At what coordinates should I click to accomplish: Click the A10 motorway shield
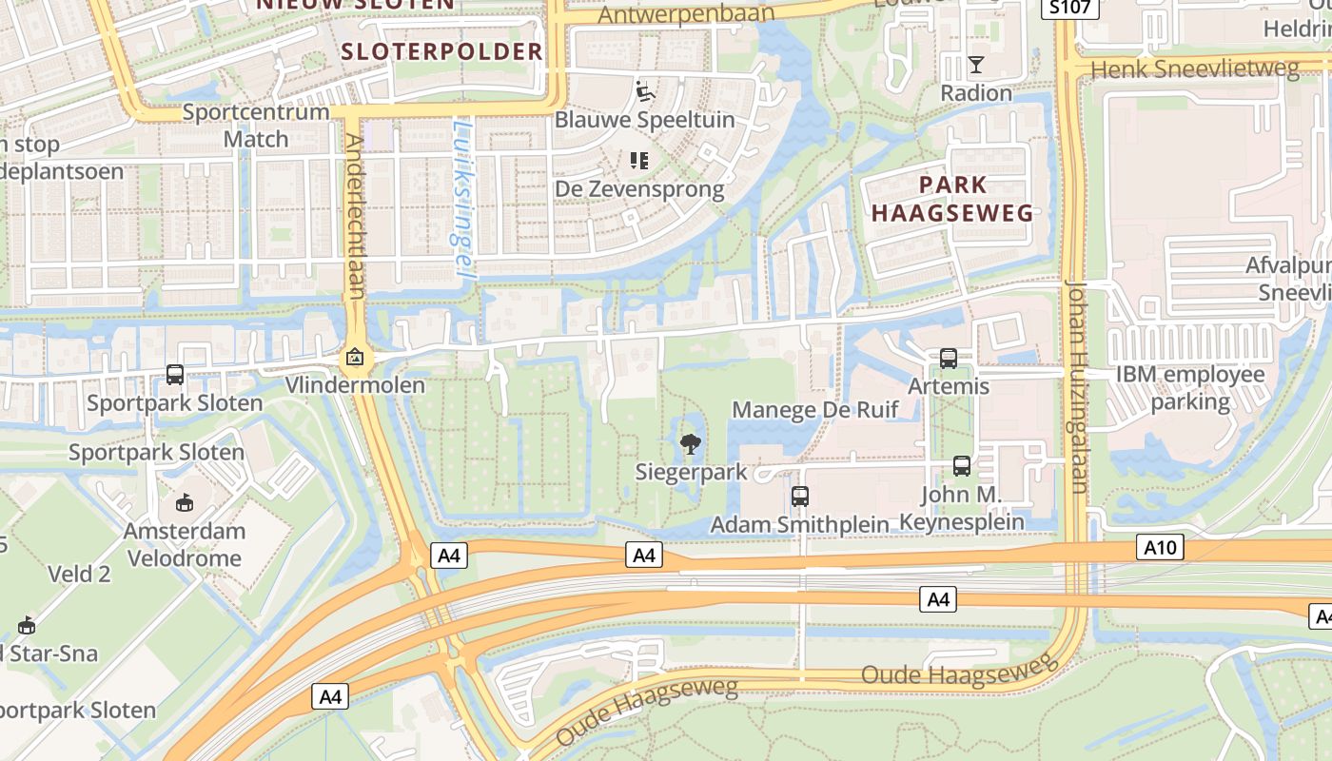click(1160, 547)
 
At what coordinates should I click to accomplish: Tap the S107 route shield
click(1070, 9)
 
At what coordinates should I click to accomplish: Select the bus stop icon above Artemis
click(949, 359)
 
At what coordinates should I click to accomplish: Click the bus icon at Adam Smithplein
click(800, 497)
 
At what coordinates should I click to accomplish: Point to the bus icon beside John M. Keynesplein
click(962, 466)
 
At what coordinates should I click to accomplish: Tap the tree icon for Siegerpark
click(691, 442)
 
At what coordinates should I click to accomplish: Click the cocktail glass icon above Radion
click(976, 65)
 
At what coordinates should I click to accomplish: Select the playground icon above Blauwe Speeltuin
click(645, 91)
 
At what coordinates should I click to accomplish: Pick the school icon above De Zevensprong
click(639, 161)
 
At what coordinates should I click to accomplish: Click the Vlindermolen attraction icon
click(355, 359)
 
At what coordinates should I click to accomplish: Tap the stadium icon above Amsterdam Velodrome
click(185, 502)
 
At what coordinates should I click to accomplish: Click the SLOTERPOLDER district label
click(441, 51)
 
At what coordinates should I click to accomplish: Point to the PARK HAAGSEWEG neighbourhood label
click(952, 198)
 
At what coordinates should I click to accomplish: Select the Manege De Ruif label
click(814, 410)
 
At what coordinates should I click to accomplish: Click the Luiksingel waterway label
click(463, 197)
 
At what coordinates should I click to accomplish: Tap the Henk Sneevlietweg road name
click(1194, 69)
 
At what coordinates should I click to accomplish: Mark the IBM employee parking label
click(1190, 387)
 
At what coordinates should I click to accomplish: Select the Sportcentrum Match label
click(255, 125)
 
